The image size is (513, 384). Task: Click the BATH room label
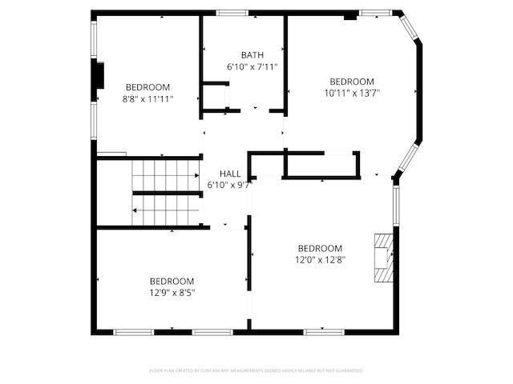point(252,55)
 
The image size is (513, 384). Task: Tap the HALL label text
point(230,174)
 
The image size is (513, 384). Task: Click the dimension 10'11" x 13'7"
point(352,93)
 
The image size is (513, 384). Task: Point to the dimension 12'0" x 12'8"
point(320,259)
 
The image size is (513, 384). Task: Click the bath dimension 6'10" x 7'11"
point(252,66)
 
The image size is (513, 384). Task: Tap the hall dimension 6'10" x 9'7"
point(230,185)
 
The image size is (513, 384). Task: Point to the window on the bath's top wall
point(233,12)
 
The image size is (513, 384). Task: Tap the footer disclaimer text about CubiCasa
point(256,370)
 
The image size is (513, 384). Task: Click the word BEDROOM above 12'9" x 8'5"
point(172,281)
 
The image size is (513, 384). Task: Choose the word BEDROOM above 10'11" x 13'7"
point(352,82)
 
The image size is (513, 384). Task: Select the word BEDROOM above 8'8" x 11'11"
point(147,87)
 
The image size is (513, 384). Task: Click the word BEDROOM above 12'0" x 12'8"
point(320,248)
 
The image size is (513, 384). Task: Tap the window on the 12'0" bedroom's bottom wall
point(323,330)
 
